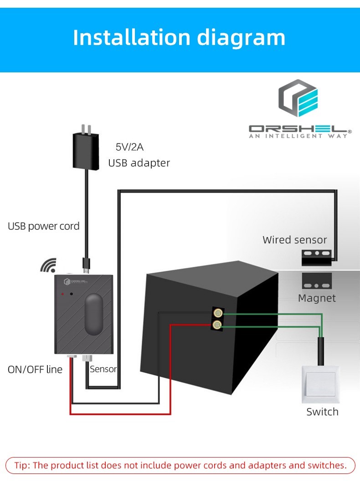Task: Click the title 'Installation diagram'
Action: pyautogui.click(x=179, y=37)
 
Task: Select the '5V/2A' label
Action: pyautogui.click(x=129, y=147)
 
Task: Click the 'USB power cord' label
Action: pyautogui.click(x=44, y=226)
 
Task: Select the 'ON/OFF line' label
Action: pyautogui.click(x=35, y=369)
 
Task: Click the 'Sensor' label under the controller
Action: pyautogui.click(x=103, y=369)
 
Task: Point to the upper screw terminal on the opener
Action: pyautogui.click(x=218, y=313)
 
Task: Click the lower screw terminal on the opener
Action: pyautogui.click(x=218, y=325)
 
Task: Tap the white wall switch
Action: pyautogui.click(x=321, y=384)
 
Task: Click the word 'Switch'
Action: pyautogui.click(x=322, y=412)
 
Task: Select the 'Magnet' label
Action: pyautogui.click(x=317, y=298)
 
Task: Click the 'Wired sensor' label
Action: pyautogui.click(x=295, y=239)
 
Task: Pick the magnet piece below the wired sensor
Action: pyautogui.click(x=317, y=281)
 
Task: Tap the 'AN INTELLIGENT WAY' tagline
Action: pyautogui.click(x=298, y=136)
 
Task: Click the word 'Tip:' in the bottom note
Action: pyautogui.click(x=23, y=465)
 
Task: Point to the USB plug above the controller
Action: pyautogui.click(x=86, y=264)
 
